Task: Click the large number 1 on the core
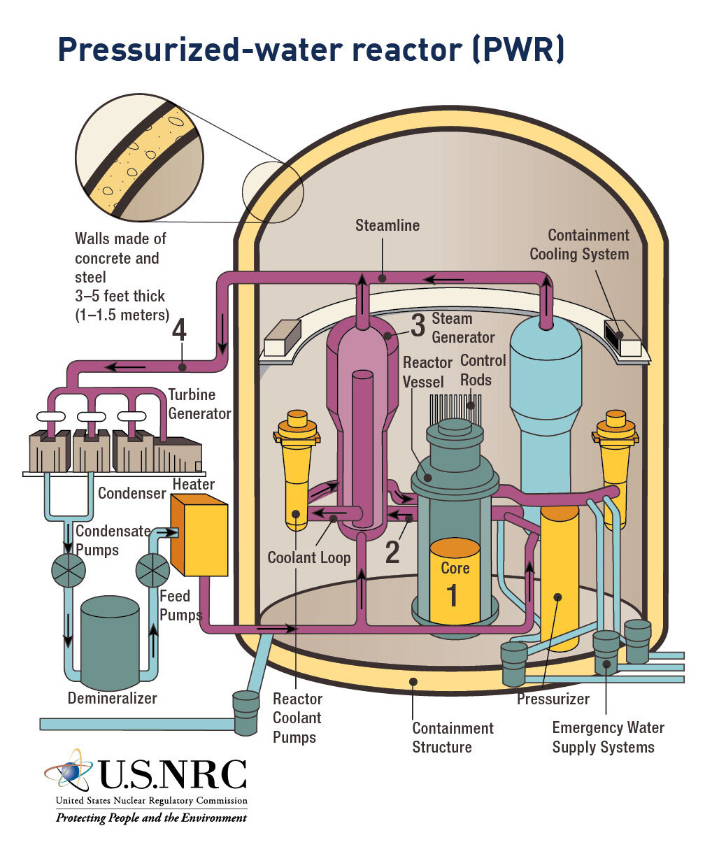click(x=452, y=595)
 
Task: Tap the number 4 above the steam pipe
click(x=179, y=329)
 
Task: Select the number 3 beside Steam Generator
click(x=418, y=325)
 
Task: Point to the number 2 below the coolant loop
click(x=392, y=553)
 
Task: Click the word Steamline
click(x=387, y=225)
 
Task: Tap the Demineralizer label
click(x=112, y=698)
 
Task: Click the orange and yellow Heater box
click(x=199, y=534)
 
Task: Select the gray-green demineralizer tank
click(x=110, y=643)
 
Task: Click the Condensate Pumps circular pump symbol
click(x=69, y=570)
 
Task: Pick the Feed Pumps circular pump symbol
click(x=152, y=570)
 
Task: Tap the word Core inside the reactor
click(x=455, y=568)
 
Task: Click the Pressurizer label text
click(x=553, y=699)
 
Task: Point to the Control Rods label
click(x=483, y=370)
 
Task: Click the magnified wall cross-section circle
click(x=139, y=158)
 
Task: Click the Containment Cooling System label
click(x=580, y=245)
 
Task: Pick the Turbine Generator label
click(x=199, y=404)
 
